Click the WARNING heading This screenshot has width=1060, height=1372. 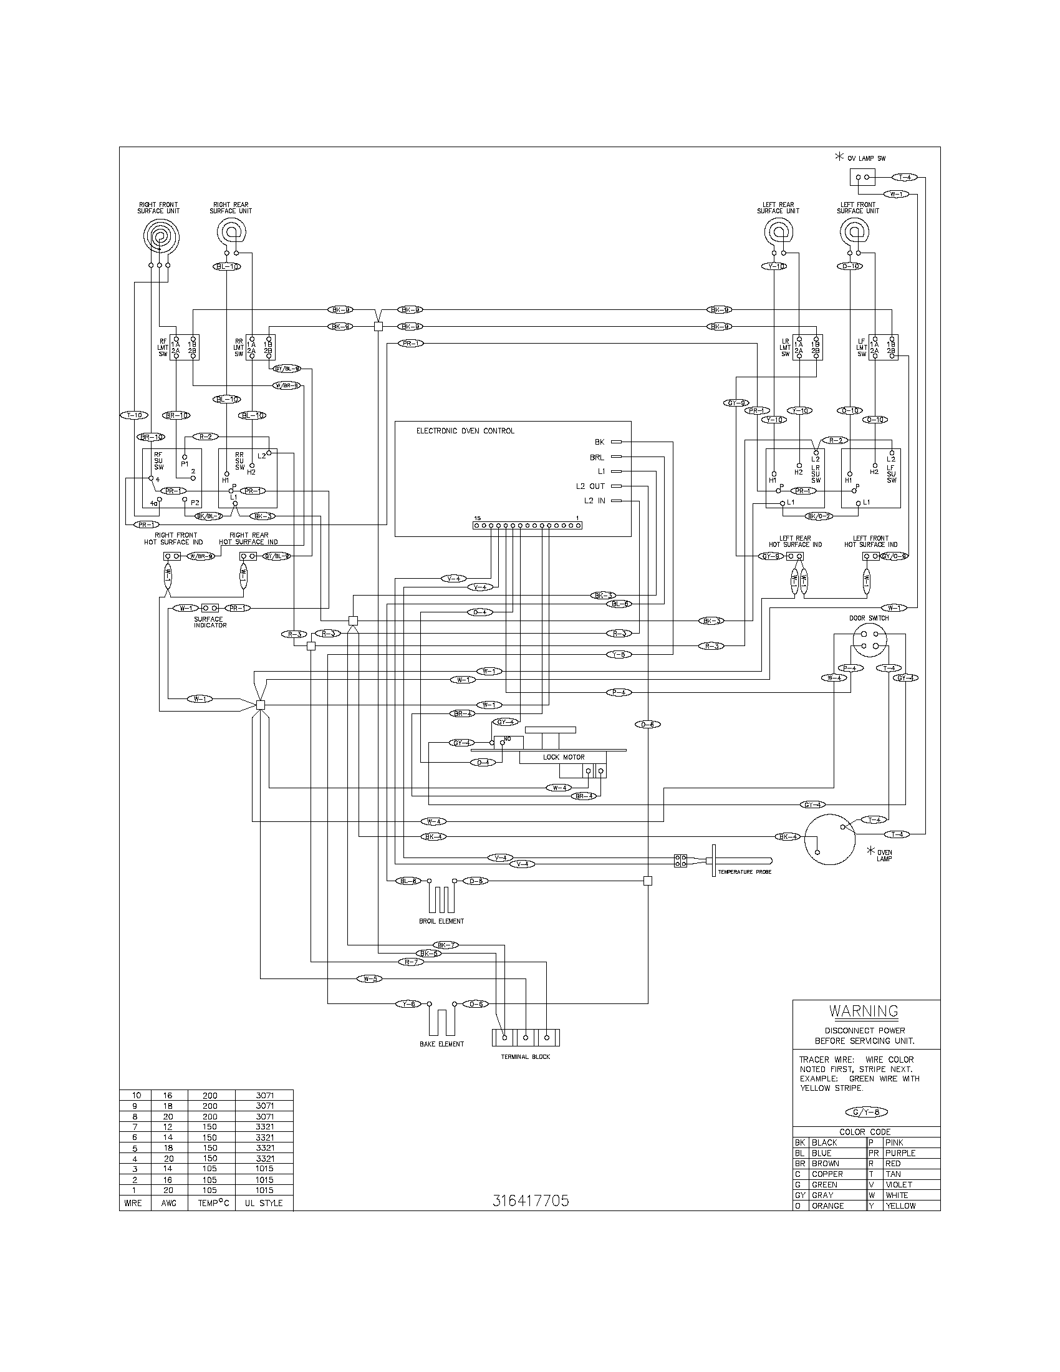pos(864,1011)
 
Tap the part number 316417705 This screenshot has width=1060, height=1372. pos(531,1200)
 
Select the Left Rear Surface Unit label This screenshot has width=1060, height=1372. pos(778,208)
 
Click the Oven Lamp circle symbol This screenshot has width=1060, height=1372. pos(829,839)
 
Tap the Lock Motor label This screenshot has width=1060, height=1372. pos(563,757)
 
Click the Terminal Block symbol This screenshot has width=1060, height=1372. pos(526,1037)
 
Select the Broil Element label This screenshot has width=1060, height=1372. pos(441,921)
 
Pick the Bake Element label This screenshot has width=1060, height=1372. pos(441,1044)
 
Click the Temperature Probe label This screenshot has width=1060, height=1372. pos(744,872)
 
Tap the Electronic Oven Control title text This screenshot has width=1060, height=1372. pos(465,431)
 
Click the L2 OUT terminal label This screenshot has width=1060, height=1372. pos(590,486)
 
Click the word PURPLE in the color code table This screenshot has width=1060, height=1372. pos(900,1153)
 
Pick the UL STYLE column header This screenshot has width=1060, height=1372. pos(264,1203)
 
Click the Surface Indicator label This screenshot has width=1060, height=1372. pos(208,622)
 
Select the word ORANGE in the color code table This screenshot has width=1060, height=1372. pos(827,1205)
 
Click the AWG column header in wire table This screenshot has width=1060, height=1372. pos(168,1203)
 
